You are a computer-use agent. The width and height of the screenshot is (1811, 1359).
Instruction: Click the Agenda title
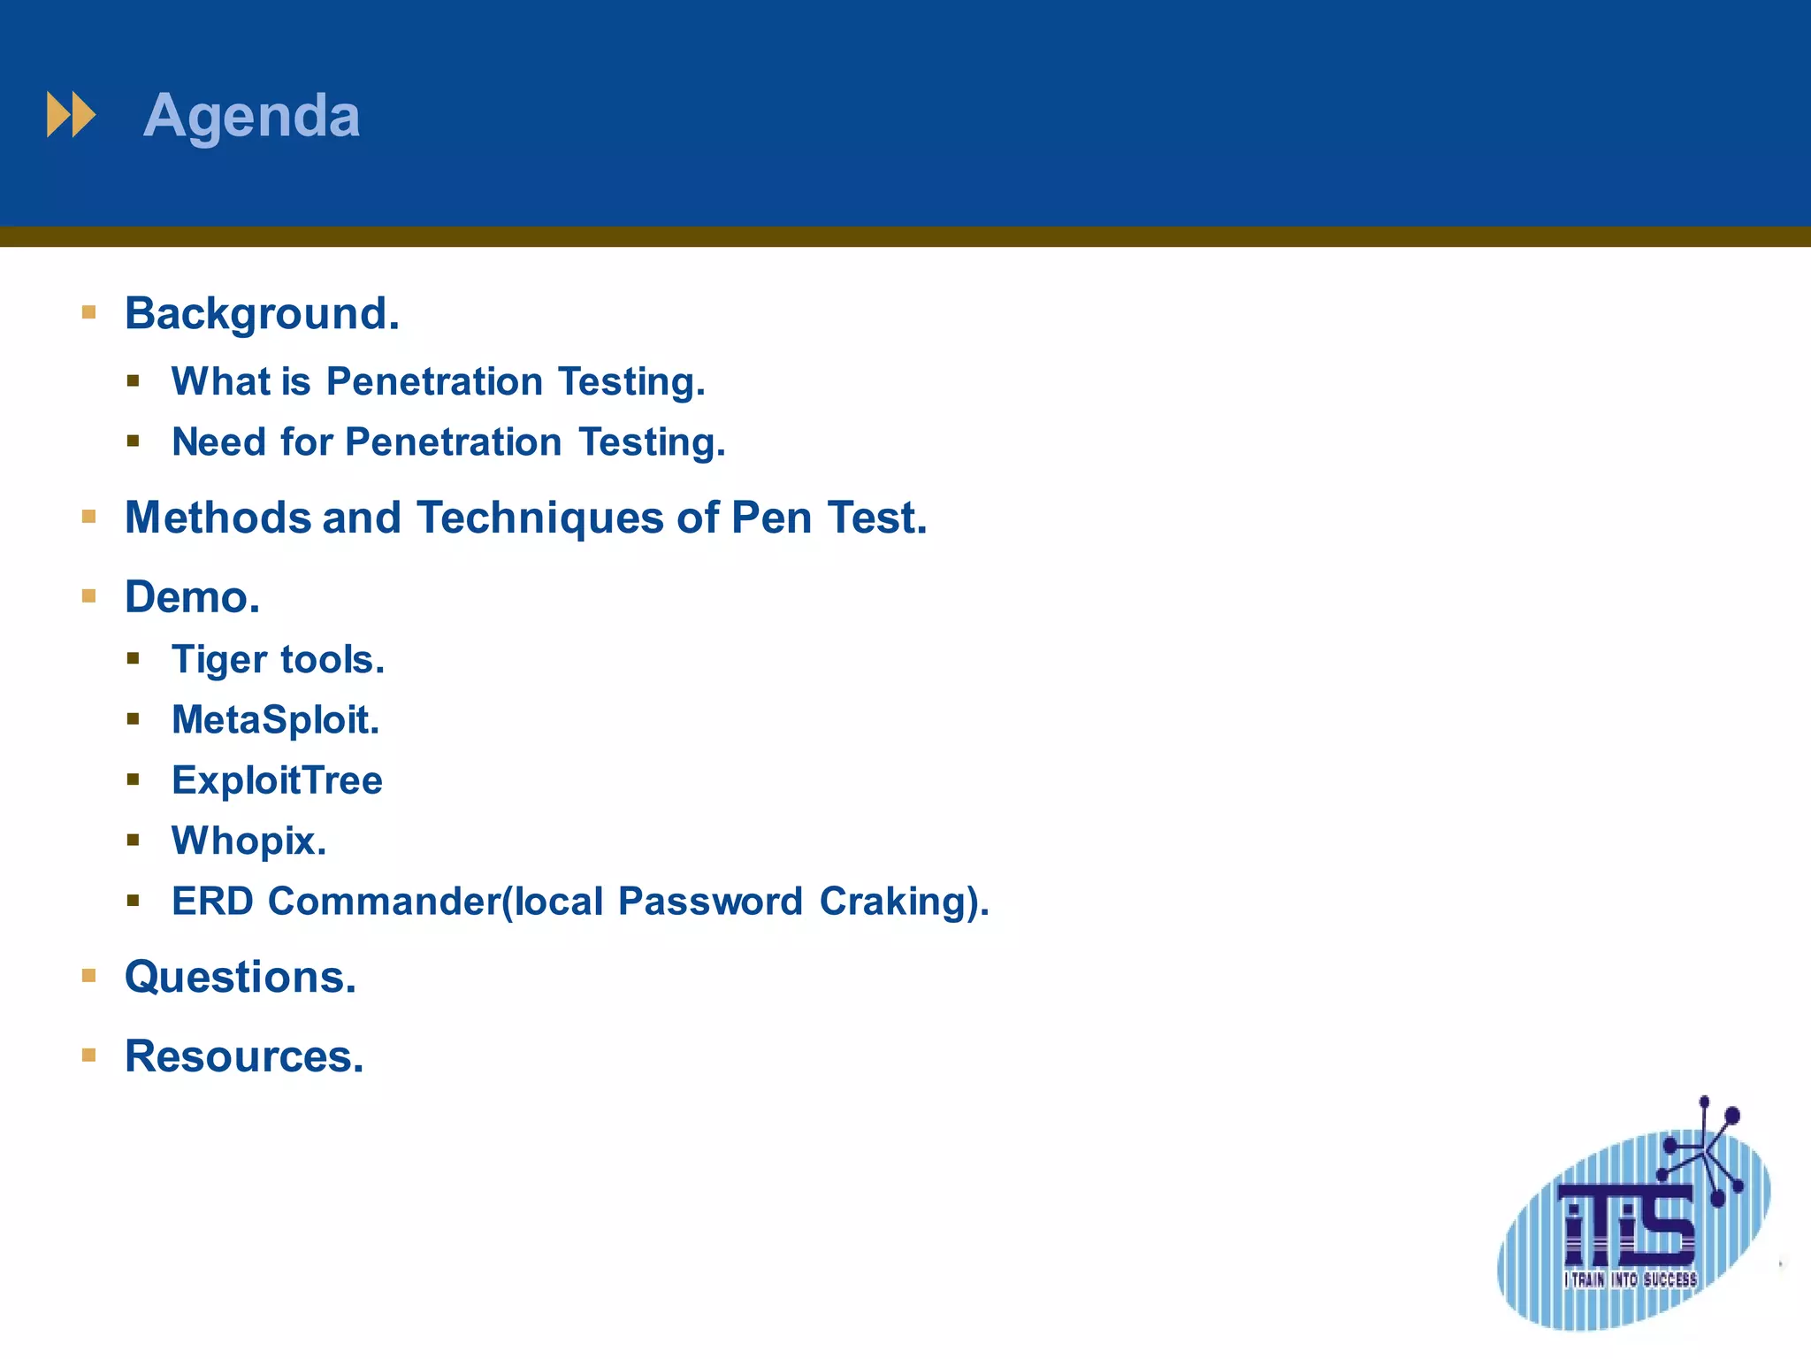click(251, 116)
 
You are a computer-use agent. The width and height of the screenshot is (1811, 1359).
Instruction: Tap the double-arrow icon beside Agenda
click(71, 115)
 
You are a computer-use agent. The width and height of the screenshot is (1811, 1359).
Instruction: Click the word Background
click(262, 314)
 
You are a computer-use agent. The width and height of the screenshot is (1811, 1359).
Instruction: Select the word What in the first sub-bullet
click(221, 382)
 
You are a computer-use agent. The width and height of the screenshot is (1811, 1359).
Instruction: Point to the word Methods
click(218, 518)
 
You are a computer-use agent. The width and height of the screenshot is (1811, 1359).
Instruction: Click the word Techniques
click(539, 518)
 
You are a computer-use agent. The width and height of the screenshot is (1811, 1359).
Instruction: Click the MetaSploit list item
click(275, 720)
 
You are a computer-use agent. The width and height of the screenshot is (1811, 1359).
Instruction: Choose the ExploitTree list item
click(277, 780)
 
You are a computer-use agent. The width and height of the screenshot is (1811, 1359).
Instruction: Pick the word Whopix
click(248, 841)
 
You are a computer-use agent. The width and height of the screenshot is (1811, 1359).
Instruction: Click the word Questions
click(240, 978)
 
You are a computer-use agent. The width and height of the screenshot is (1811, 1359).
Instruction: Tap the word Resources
click(244, 1056)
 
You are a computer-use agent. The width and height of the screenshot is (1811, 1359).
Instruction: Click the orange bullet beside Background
click(88, 312)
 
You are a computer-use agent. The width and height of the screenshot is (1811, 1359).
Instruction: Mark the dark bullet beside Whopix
click(134, 841)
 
